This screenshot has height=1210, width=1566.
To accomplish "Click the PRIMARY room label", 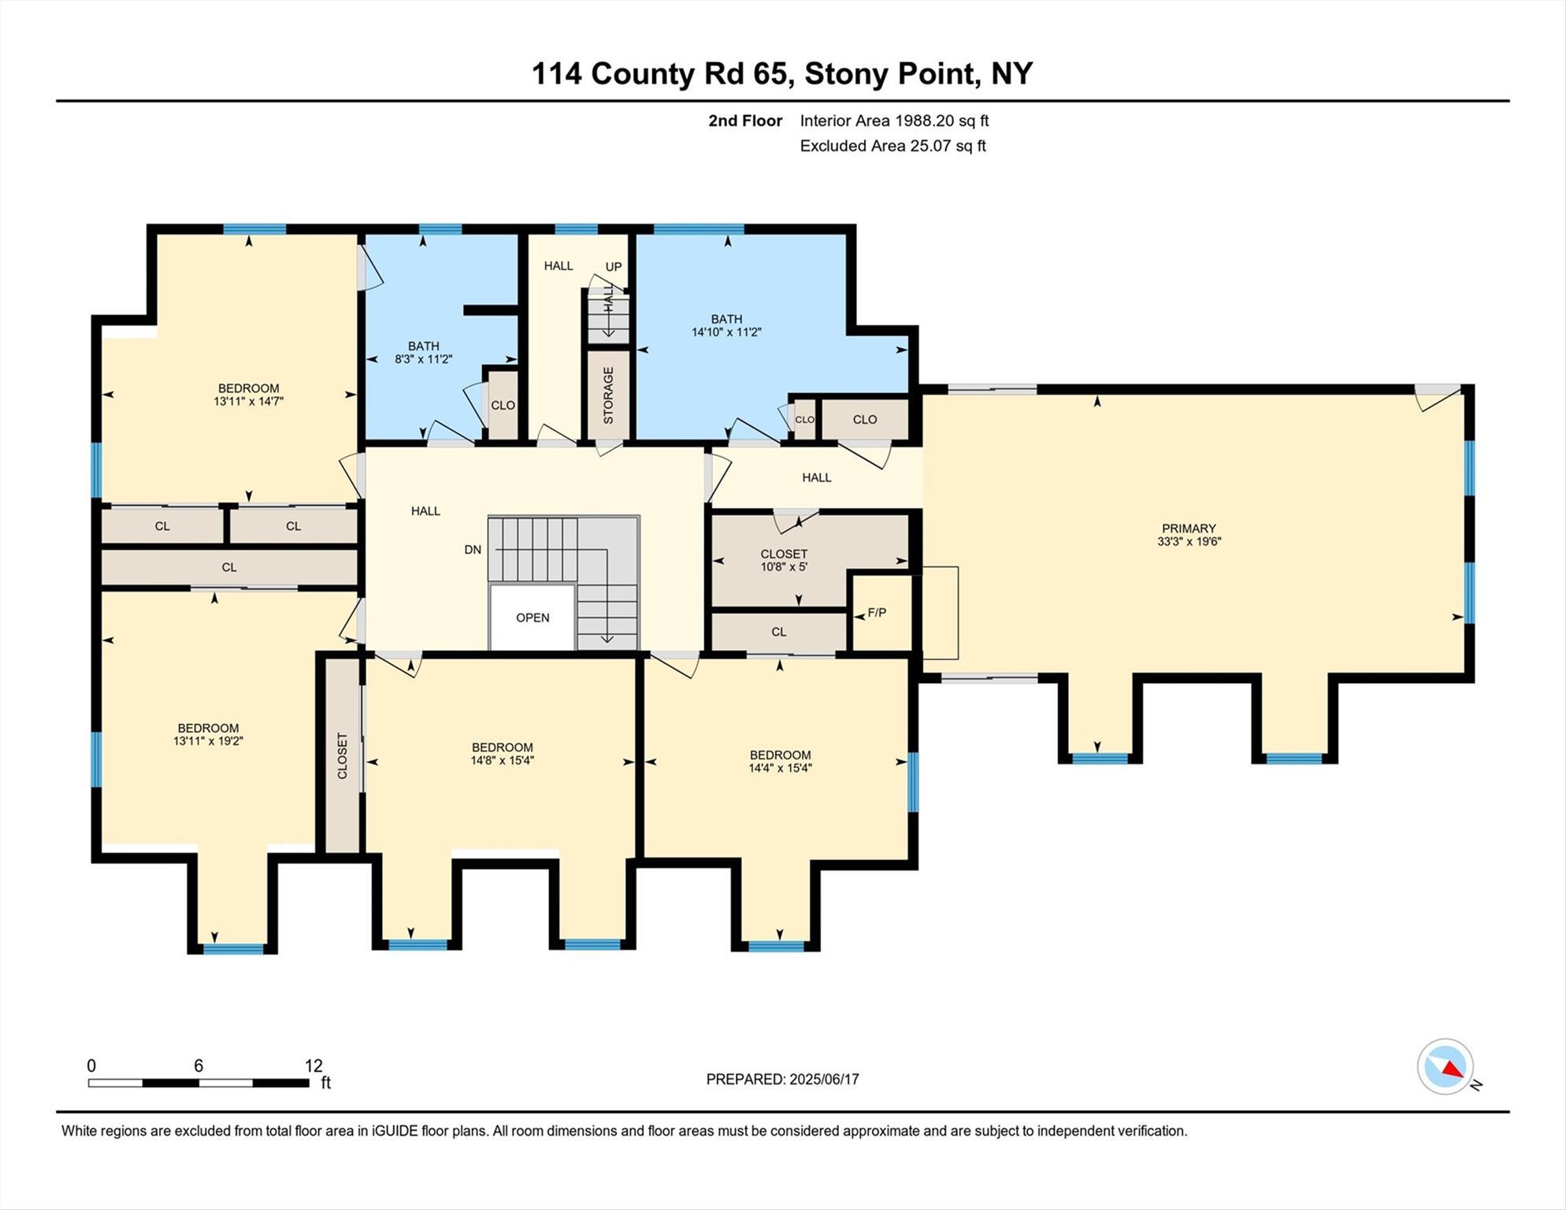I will point(1188,529).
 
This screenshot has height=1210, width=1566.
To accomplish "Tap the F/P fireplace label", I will point(877,612).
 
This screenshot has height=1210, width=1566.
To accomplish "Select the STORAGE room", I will point(608,395).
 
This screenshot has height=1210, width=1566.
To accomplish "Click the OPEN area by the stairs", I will point(533,618).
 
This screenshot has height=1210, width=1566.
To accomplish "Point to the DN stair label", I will point(473,550).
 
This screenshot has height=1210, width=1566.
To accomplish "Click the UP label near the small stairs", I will point(614,266).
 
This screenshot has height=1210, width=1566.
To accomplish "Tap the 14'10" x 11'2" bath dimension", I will point(726,332).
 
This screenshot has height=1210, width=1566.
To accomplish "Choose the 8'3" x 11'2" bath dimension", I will point(423,359).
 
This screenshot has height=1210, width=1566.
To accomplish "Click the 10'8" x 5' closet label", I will point(783,566).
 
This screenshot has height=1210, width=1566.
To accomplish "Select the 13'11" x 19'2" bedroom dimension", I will point(208,741).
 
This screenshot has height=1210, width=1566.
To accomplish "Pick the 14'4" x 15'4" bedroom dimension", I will point(780,768).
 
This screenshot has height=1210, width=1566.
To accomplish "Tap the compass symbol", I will point(1445,1067).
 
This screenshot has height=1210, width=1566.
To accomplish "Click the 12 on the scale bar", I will point(314,1066).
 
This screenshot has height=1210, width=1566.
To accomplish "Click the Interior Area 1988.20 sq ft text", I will point(894,121).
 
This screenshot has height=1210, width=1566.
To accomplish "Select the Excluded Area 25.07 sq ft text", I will point(892,146).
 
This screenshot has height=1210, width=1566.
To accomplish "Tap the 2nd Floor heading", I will point(744,121).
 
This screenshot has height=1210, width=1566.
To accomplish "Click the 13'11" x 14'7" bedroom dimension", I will point(248,401).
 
